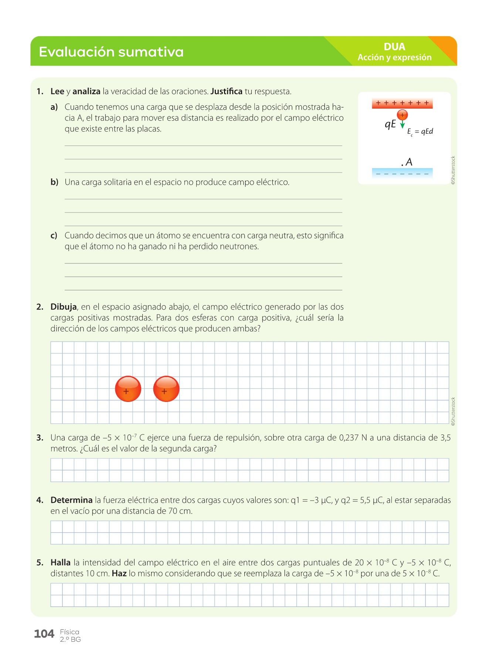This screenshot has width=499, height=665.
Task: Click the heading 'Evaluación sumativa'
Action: pos(111,52)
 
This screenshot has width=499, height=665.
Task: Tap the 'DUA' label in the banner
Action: pos(394,47)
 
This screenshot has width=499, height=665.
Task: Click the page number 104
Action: pos(44,634)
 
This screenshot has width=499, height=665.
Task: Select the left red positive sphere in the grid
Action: pos(128,389)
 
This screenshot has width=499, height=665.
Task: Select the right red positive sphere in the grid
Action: pos(166,389)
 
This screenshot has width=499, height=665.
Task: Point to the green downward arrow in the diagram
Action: pos(403,125)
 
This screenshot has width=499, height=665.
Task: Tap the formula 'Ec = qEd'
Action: pos(420,132)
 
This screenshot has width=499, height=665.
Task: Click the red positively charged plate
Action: pos(402,103)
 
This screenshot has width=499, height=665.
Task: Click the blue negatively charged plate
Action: pos(402,173)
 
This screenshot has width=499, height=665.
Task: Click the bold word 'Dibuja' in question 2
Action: pos(63,307)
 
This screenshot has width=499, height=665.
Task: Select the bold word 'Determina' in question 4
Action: pos(71,500)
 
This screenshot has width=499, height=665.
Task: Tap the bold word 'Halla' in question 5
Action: pos(60,563)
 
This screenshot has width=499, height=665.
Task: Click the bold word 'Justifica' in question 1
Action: pos(226,92)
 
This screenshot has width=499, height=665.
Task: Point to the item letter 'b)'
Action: pos(54,182)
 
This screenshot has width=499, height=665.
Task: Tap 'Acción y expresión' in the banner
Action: pos(394,58)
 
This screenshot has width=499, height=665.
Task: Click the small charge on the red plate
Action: pos(402,115)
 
